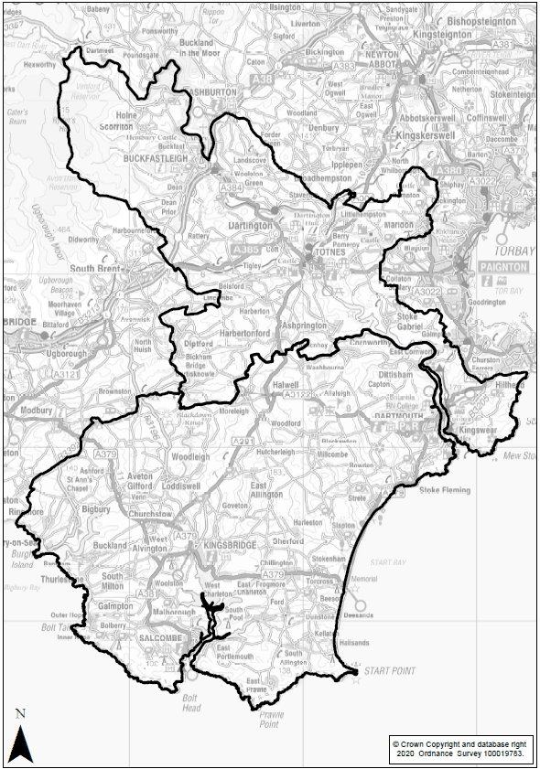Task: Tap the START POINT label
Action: [x=389, y=671]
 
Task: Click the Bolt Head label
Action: [x=190, y=701]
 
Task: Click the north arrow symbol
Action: [x=21, y=741]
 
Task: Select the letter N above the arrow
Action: [x=20, y=713]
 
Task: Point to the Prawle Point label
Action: [x=267, y=718]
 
